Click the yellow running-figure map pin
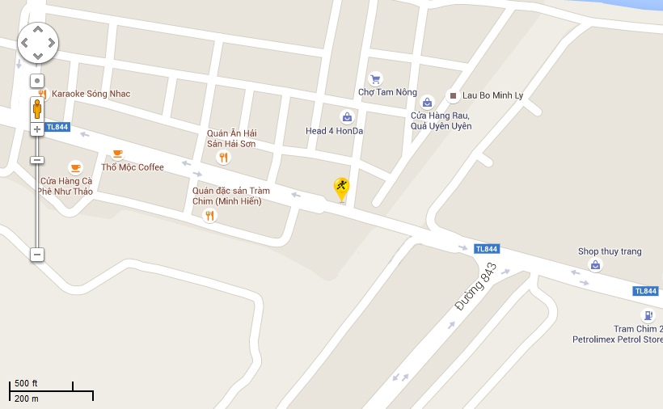pos(342,189)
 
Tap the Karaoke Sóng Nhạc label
pos(91,94)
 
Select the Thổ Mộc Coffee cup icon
pos(117,154)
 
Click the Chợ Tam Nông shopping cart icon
pos(375,79)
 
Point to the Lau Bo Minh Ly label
pos(492,95)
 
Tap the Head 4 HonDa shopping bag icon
pos(347,117)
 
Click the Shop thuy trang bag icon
pos(596,265)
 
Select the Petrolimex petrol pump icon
pos(647,315)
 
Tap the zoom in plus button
pos(37,129)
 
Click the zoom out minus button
pos(37,255)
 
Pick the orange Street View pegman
pos(37,108)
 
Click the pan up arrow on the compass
pos(37,31)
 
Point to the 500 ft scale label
pos(26,383)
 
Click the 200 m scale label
pos(26,398)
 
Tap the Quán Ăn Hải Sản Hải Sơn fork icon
pos(224,158)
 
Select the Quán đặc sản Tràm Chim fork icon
pos(210,215)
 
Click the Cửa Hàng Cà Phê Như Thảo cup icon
pos(75,168)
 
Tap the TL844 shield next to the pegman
pos(58,127)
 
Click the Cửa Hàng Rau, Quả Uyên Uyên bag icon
pos(427,103)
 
